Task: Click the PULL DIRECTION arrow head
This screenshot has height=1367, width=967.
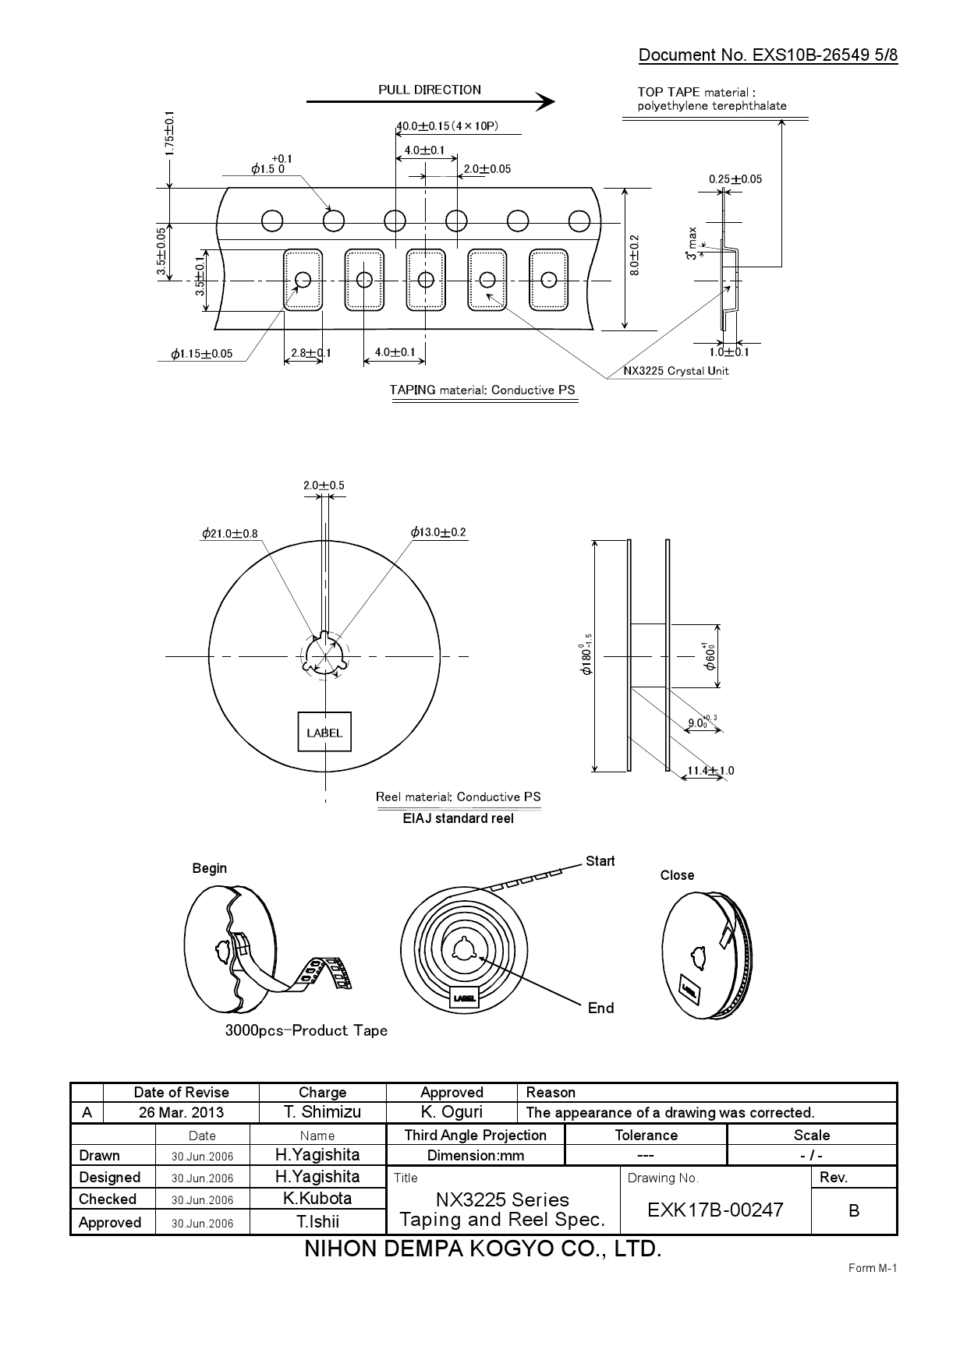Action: [x=547, y=101]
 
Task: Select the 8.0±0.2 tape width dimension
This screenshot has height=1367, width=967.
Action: [x=635, y=255]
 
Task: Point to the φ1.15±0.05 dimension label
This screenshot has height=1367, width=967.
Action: [x=202, y=354]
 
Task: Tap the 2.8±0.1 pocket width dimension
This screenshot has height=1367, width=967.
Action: [x=310, y=352]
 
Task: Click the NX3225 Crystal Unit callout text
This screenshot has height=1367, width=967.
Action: [x=676, y=371]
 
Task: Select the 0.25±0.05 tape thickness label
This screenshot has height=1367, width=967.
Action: [x=735, y=179]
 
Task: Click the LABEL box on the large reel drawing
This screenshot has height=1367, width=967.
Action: [x=324, y=733]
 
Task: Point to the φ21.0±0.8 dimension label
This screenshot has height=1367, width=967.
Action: [x=229, y=534]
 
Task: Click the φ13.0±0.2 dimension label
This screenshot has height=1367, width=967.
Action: [x=438, y=532]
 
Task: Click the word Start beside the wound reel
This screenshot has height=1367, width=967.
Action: [x=600, y=861]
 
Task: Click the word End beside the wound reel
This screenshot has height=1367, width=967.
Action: [x=600, y=1008]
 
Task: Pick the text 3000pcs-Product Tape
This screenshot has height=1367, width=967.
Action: [x=306, y=1031]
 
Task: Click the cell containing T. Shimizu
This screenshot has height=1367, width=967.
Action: [x=322, y=1113]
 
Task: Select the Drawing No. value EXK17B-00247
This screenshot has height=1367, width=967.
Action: [x=715, y=1210]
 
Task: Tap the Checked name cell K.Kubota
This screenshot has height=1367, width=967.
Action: [x=317, y=1199]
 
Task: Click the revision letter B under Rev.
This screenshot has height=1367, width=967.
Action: [x=853, y=1211]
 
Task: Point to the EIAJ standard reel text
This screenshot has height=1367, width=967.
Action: [x=458, y=818]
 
